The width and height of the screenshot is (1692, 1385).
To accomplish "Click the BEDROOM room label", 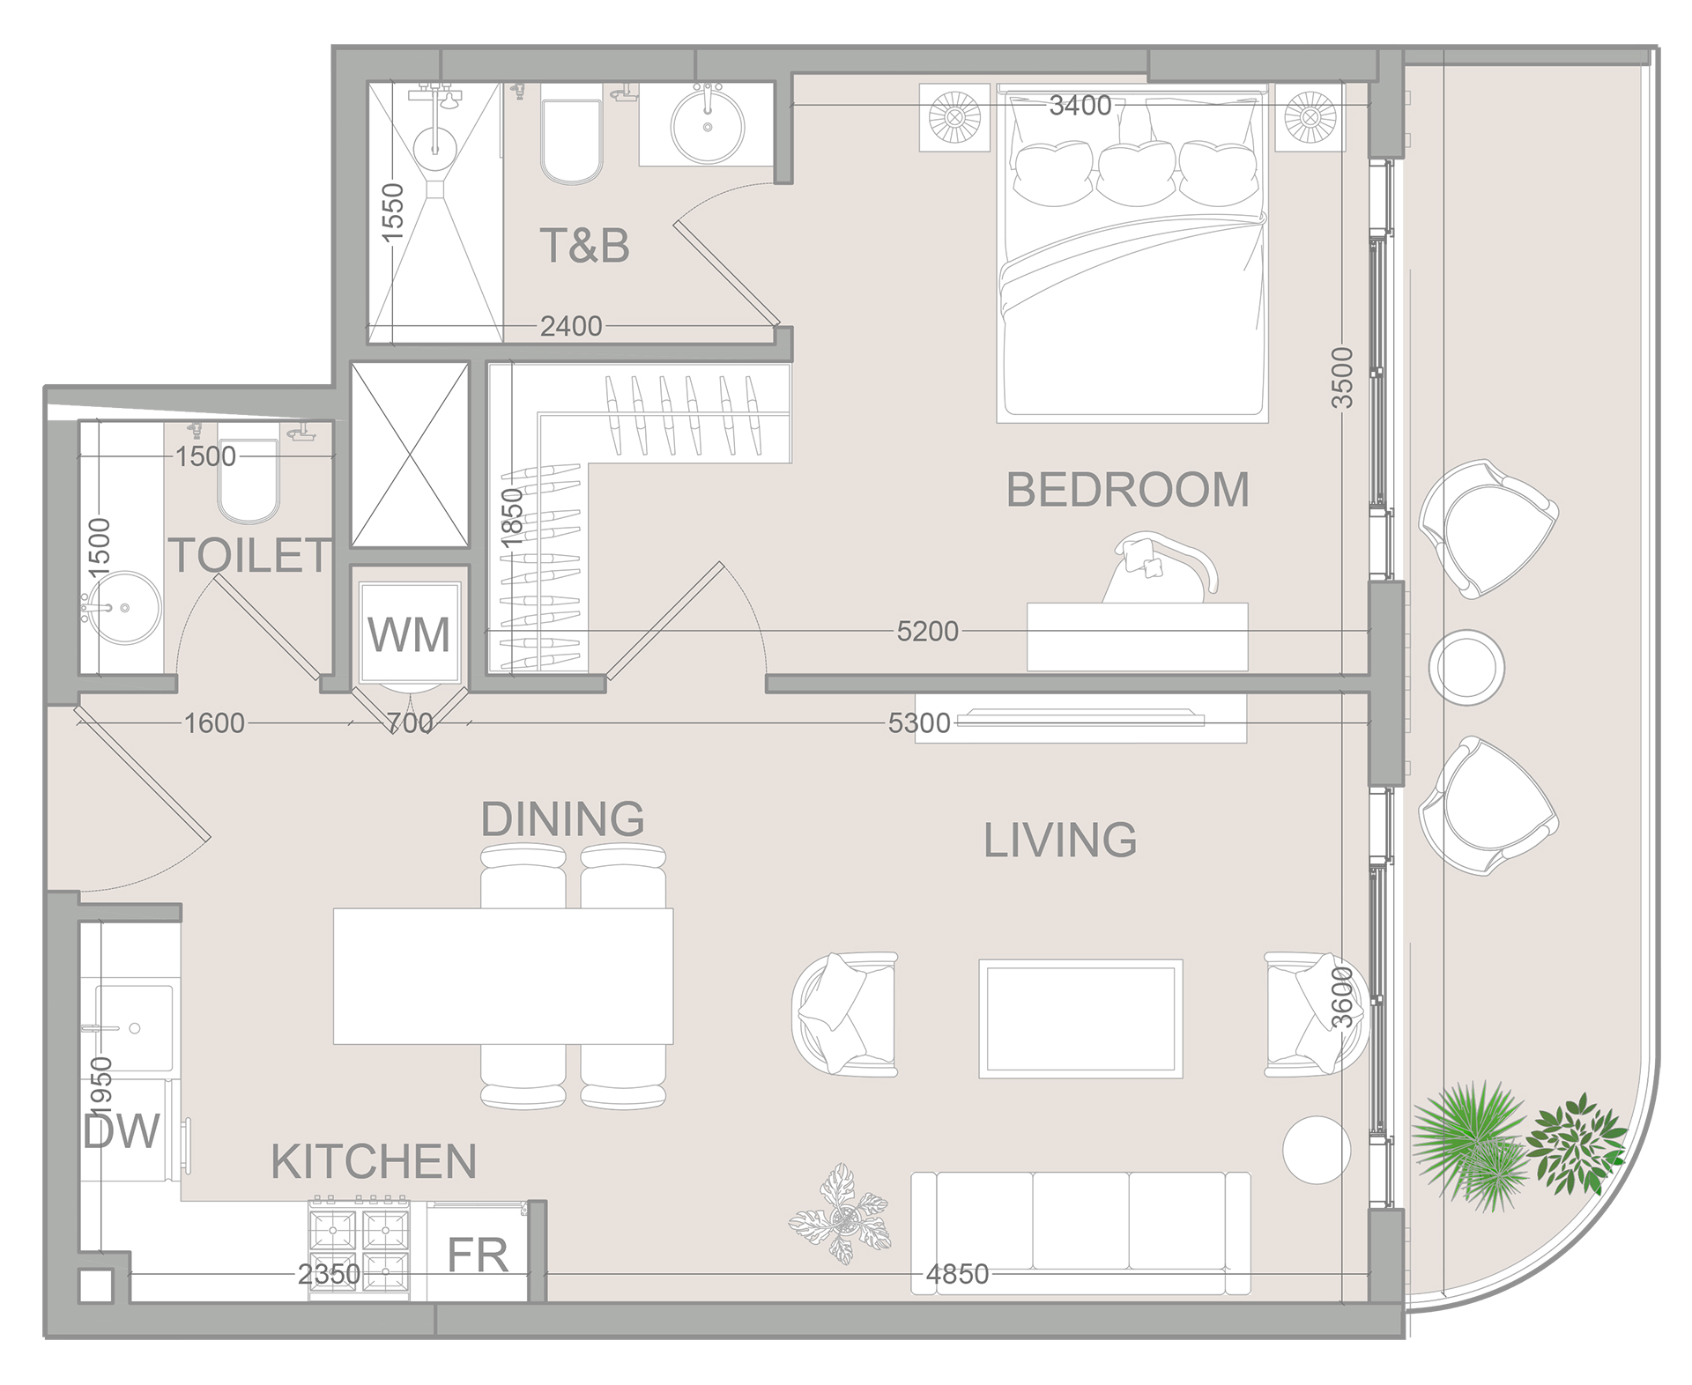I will pyautogui.click(x=1127, y=490).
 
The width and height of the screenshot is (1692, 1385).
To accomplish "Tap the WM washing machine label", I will pyautogui.click(x=408, y=634).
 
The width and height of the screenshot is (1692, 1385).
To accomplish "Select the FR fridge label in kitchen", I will pyautogui.click(x=478, y=1255).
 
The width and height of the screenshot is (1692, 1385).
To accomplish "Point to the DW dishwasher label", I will pyautogui.click(x=122, y=1131).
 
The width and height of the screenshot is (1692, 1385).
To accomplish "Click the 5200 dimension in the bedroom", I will pyautogui.click(x=926, y=631).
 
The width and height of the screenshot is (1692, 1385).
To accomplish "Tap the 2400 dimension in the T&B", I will pyautogui.click(x=570, y=327).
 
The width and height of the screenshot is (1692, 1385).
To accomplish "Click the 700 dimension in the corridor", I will pyautogui.click(x=410, y=723).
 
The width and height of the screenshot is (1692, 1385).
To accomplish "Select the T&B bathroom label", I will pyautogui.click(x=584, y=246).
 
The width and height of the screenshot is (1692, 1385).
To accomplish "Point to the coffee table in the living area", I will pyautogui.click(x=1080, y=1018).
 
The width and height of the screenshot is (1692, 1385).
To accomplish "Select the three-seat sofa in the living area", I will pyautogui.click(x=1080, y=1232).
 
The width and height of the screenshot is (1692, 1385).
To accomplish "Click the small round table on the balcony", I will pyautogui.click(x=1466, y=668).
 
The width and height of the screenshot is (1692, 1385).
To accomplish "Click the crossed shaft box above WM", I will pyautogui.click(x=410, y=455).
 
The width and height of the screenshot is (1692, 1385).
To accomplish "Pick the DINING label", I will pyautogui.click(x=562, y=819).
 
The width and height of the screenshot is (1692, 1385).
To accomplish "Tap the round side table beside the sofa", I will pyautogui.click(x=1316, y=1150).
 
